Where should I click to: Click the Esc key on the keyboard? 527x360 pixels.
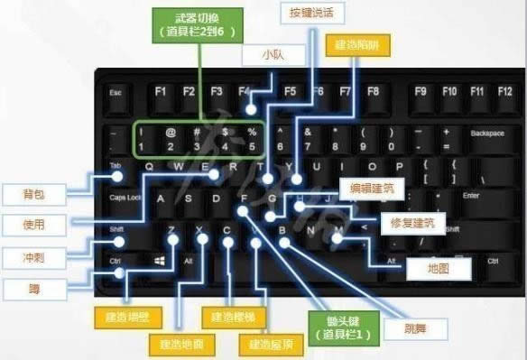(116, 92)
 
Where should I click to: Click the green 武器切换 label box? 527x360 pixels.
(195, 24)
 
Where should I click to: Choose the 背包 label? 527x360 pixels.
(33, 194)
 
